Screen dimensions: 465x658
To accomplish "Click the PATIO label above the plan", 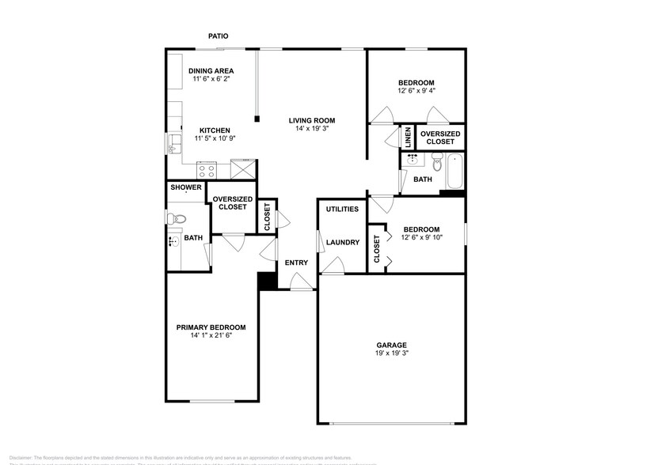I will pos(219,36).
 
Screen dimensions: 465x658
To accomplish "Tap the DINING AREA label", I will pos(211,71).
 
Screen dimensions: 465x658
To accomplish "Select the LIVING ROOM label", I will pos(312,120).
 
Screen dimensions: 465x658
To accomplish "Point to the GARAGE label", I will pos(391,345).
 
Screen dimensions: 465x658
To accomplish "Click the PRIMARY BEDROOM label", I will pos(211,327).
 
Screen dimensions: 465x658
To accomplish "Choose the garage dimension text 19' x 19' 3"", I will pos(391,353).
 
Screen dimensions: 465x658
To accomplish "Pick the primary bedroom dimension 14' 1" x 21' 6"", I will pos(211,336).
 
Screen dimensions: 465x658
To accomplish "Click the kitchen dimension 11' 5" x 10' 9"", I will pos(214,139).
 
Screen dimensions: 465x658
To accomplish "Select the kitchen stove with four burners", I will pos(207,168).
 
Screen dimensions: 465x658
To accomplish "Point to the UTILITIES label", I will pos(342,210).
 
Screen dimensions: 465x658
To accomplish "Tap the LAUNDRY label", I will pos(343,243).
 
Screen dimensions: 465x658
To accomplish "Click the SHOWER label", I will pos(186,188).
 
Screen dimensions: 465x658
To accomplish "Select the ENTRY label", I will pos(296,263).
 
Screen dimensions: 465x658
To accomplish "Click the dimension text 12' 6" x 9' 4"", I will pos(416,91).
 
